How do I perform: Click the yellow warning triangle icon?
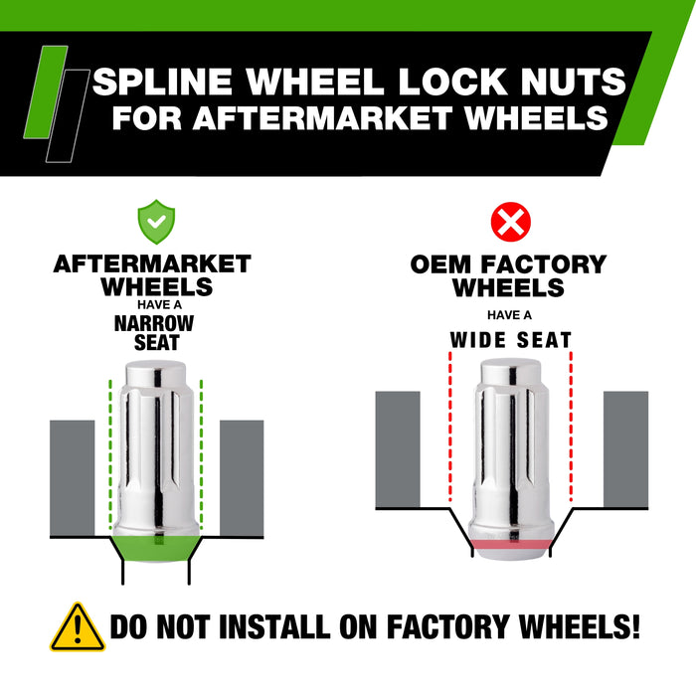pyautogui.click(x=77, y=627)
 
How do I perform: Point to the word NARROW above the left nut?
pyautogui.click(x=153, y=323)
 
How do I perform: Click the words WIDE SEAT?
pyautogui.click(x=510, y=341)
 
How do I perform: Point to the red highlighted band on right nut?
pyautogui.click(x=509, y=546)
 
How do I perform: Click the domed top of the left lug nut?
pyautogui.click(x=153, y=376)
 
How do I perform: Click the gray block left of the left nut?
pyautogui.click(x=72, y=477)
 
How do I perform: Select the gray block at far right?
pyautogui.click(x=625, y=449)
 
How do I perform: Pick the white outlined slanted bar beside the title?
pyautogui.click(x=66, y=114)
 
